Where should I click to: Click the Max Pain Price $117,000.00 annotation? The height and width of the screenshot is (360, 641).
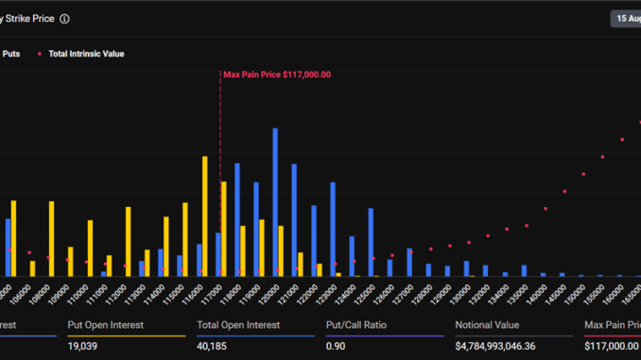click(x=277, y=75)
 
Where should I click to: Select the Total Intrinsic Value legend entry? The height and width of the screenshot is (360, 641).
click(x=85, y=54)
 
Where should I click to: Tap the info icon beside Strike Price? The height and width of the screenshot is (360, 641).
click(x=64, y=18)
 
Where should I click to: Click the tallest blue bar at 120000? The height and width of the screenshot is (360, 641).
click(x=275, y=202)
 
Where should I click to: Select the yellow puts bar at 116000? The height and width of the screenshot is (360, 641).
click(x=205, y=216)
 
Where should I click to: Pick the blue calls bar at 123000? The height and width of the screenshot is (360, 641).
click(x=333, y=229)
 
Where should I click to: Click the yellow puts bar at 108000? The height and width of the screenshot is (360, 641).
click(x=51, y=238)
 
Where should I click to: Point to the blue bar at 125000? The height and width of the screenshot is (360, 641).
click(x=371, y=242)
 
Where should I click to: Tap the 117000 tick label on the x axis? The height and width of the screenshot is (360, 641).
click(x=215, y=290)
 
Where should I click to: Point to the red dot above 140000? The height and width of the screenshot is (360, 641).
click(x=546, y=209)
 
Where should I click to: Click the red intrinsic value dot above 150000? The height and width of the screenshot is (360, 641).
click(x=583, y=175)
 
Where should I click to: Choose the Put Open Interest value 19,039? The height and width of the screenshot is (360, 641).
click(x=83, y=346)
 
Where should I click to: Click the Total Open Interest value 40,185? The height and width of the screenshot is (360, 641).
click(x=216, y=346)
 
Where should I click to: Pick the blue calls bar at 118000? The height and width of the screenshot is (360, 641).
click(x=237, y=219)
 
